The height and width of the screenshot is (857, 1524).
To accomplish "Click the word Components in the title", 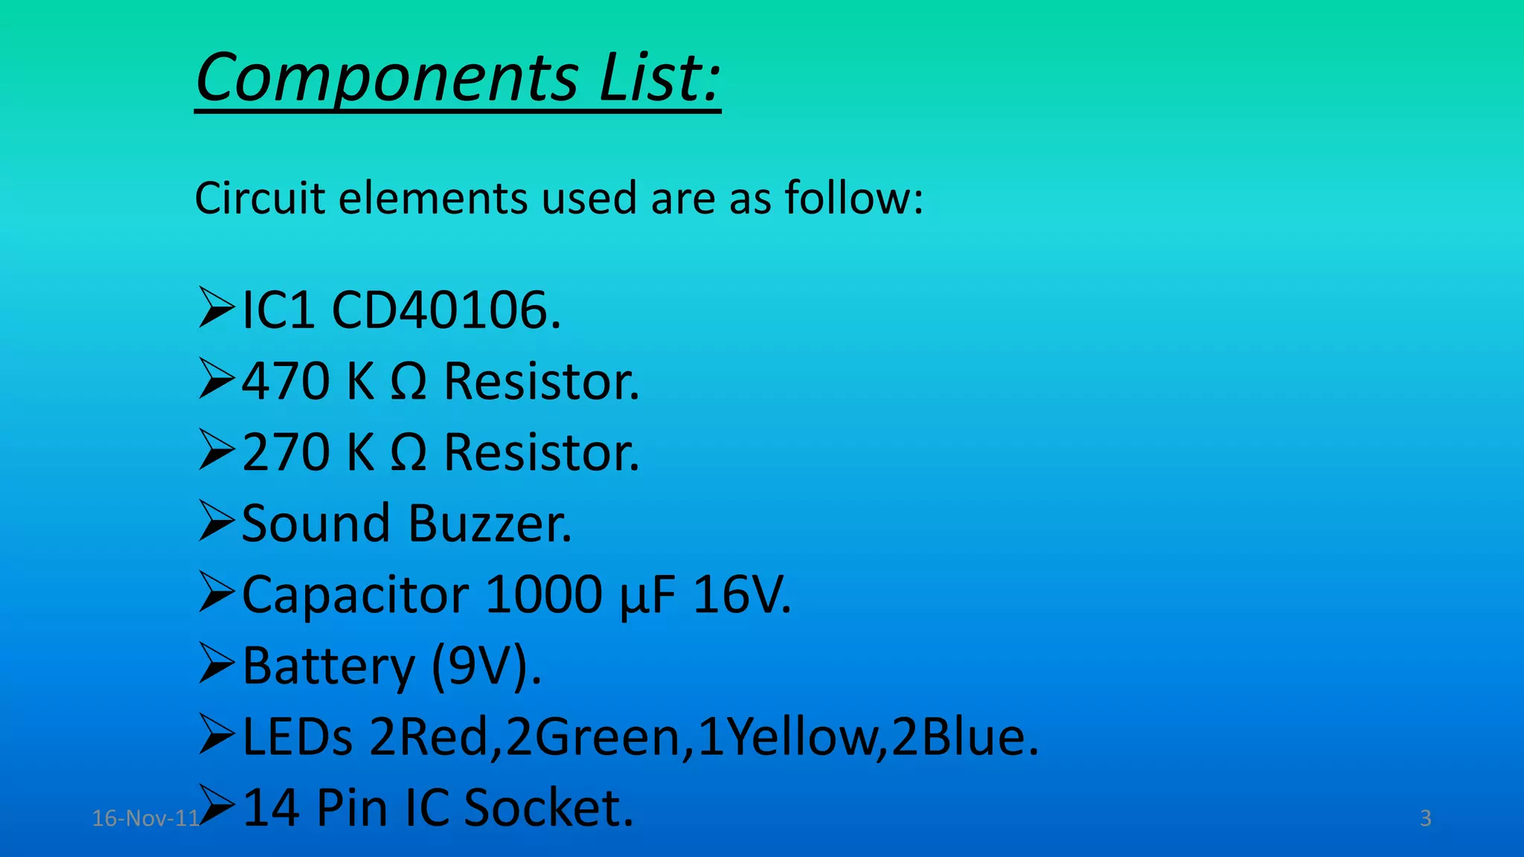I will click(387, 77).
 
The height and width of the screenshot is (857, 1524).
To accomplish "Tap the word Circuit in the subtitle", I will click(260, 199).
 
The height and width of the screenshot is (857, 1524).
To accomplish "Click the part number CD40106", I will click(446, 310).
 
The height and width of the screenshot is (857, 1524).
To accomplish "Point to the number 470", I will click(286, 382).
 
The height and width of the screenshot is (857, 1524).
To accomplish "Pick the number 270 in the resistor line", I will click(286, 452).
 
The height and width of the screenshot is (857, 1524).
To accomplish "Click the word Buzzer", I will click(490, 523).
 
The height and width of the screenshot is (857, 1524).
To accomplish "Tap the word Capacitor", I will click(356, 595).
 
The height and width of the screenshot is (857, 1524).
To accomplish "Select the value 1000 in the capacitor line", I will click(544, 594).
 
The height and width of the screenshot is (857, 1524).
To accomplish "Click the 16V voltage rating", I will click(741, 594).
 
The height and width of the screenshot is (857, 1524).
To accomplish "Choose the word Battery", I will click(328, 666).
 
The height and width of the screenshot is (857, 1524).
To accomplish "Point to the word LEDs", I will click(298, 736).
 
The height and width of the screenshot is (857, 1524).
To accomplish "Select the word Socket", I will click(548, 808).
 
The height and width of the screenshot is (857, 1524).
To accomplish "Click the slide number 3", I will click(1425, 818).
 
